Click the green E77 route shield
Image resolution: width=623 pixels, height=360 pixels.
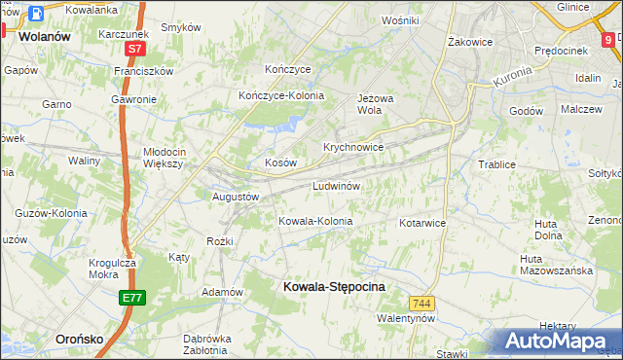pyautogui.click(x=132, y=298)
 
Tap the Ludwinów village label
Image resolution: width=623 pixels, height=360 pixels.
pyautogui.click(x=338, y=185)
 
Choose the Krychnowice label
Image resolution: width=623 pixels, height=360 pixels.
pyautogui.click(x=353, y=147)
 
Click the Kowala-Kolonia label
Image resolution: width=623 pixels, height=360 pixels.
pyautogui.click(x=315, y=221)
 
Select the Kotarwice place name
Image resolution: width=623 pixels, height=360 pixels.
pyautogui.click(x=422, y=223)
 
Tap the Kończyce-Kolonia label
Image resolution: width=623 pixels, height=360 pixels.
pyautogui.click(x=281, y=95)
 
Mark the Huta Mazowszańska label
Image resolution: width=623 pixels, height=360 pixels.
pyautogui.click(x=556, y=265)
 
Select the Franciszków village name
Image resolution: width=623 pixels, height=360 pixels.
pyautogui.click(x=143, y=71)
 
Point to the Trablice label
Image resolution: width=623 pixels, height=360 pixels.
pyautogui.click(x=496, y=164)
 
